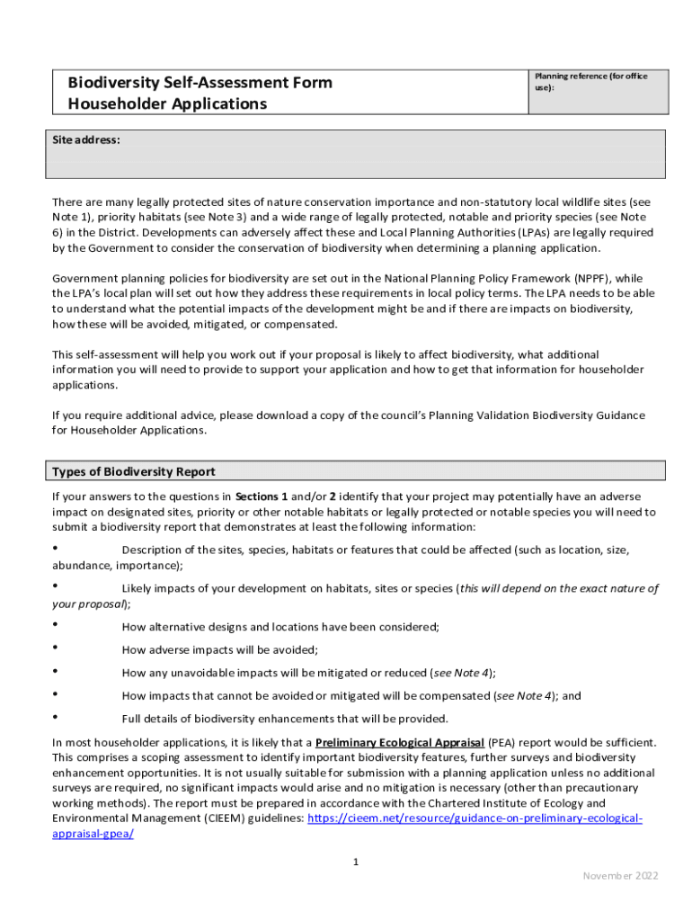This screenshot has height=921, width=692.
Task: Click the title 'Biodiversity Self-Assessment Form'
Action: (x=200, y=83)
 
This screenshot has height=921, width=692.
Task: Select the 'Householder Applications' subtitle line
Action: (x=167, y=103)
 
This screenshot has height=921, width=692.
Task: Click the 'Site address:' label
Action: (x=86, y=140)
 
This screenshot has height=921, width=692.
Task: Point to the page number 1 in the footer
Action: (x=356, y=863)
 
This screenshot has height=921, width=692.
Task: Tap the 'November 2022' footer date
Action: (x=620, y=876)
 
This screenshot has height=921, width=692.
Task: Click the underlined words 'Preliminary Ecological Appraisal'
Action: (x=399, y=743)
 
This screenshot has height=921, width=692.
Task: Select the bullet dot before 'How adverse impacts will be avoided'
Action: (x=56, y=648)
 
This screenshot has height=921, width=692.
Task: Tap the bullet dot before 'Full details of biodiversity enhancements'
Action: (x=56, y=717)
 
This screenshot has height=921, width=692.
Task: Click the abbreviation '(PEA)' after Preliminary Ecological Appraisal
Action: (x=501, y=743)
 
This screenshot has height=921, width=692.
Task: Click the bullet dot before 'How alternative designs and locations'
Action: (x=56, y=624)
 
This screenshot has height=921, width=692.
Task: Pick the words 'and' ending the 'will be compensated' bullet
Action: (x=572, y=695)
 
